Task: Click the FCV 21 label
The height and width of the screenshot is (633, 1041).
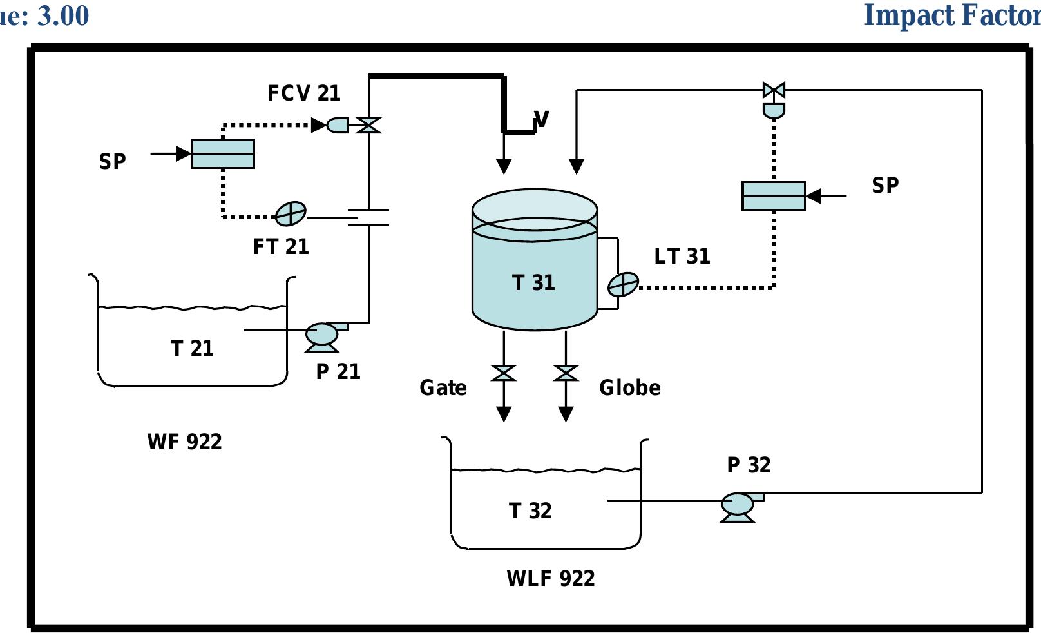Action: [304, 93]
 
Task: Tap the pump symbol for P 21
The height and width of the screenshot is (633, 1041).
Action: [321, 335]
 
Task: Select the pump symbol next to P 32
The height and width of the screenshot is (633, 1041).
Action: [737, 505]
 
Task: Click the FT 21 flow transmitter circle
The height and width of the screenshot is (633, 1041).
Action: [291, 213]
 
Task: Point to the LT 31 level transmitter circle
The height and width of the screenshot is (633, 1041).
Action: [623, 284]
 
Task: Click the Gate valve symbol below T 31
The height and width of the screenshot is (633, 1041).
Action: [504, 373]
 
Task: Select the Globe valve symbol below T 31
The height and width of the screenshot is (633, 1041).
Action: [566, 373]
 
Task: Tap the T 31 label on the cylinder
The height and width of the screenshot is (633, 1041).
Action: [533, 282]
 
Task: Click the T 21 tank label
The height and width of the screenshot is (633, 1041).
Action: [192, 348]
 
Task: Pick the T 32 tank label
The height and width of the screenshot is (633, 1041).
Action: [530, 511]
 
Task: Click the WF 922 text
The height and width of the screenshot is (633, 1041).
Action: [184, 442]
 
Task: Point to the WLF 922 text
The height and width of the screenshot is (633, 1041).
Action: [551, 578]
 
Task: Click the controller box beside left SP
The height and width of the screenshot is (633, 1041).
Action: [223, 153]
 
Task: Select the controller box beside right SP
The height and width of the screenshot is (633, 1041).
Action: [773, 196]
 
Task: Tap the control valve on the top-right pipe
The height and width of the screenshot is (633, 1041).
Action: [774, 90]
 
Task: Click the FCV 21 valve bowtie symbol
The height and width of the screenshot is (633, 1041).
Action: [368, 125]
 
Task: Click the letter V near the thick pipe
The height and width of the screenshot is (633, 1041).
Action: [542, 119]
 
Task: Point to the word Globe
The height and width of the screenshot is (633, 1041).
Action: [629, 387]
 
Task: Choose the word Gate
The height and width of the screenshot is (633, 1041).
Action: [443, 387]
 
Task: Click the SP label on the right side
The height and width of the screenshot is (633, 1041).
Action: [885, 185]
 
